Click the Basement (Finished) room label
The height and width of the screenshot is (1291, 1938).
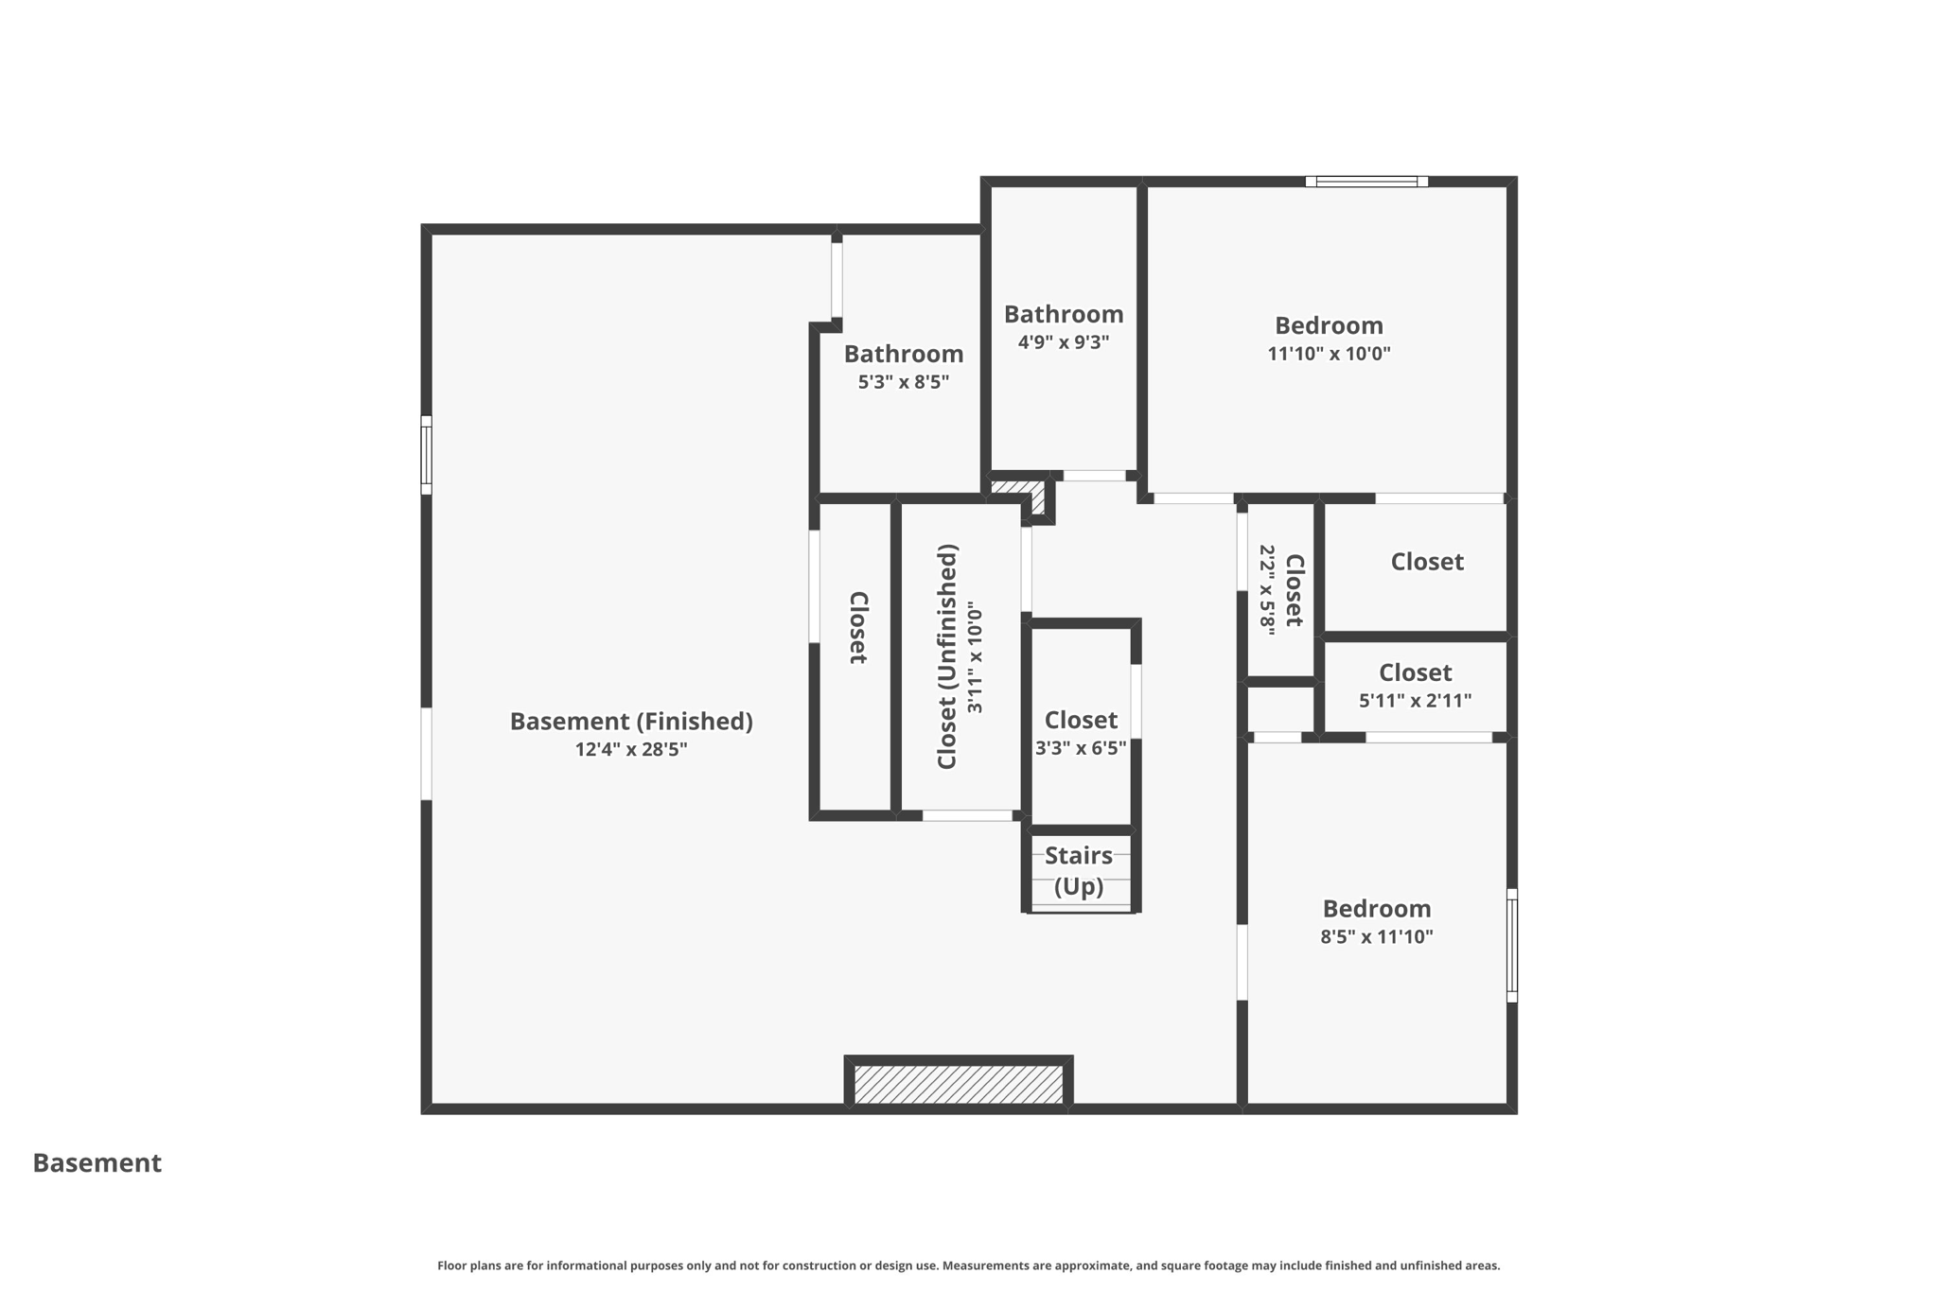coord(631,722)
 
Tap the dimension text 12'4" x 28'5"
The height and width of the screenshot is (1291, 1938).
coord(631,750)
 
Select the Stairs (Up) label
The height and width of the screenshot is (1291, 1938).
coord(1079,871)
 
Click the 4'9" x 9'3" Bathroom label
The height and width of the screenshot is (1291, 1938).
coord(1064,314)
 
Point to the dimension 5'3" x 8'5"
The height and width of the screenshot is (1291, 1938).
coord(904,382)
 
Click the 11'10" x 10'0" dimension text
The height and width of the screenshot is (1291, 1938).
coord(1329,354)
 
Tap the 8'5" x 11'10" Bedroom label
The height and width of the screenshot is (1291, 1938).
coord(1377,909)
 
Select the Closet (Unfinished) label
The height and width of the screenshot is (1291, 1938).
coord(947,656)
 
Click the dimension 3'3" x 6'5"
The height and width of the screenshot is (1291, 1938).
coord(1081,748)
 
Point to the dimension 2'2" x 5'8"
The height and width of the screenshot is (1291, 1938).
coord(1268,589)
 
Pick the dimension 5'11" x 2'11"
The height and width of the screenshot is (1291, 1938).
coord(1415,701)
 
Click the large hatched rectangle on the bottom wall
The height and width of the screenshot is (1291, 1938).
coord(959,1084)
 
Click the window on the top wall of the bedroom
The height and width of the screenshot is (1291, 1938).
coord(1366,182)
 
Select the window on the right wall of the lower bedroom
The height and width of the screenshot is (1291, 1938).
coord(1511,945)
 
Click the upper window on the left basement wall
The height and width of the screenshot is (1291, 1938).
coord(427,455)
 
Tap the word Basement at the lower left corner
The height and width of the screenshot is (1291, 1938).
coord(97,1163)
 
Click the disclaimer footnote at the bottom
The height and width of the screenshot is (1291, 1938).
coord(968,1265)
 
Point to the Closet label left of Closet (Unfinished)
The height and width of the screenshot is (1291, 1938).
coord(857,628)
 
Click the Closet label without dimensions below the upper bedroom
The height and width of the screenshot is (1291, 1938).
coord(1427,562)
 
